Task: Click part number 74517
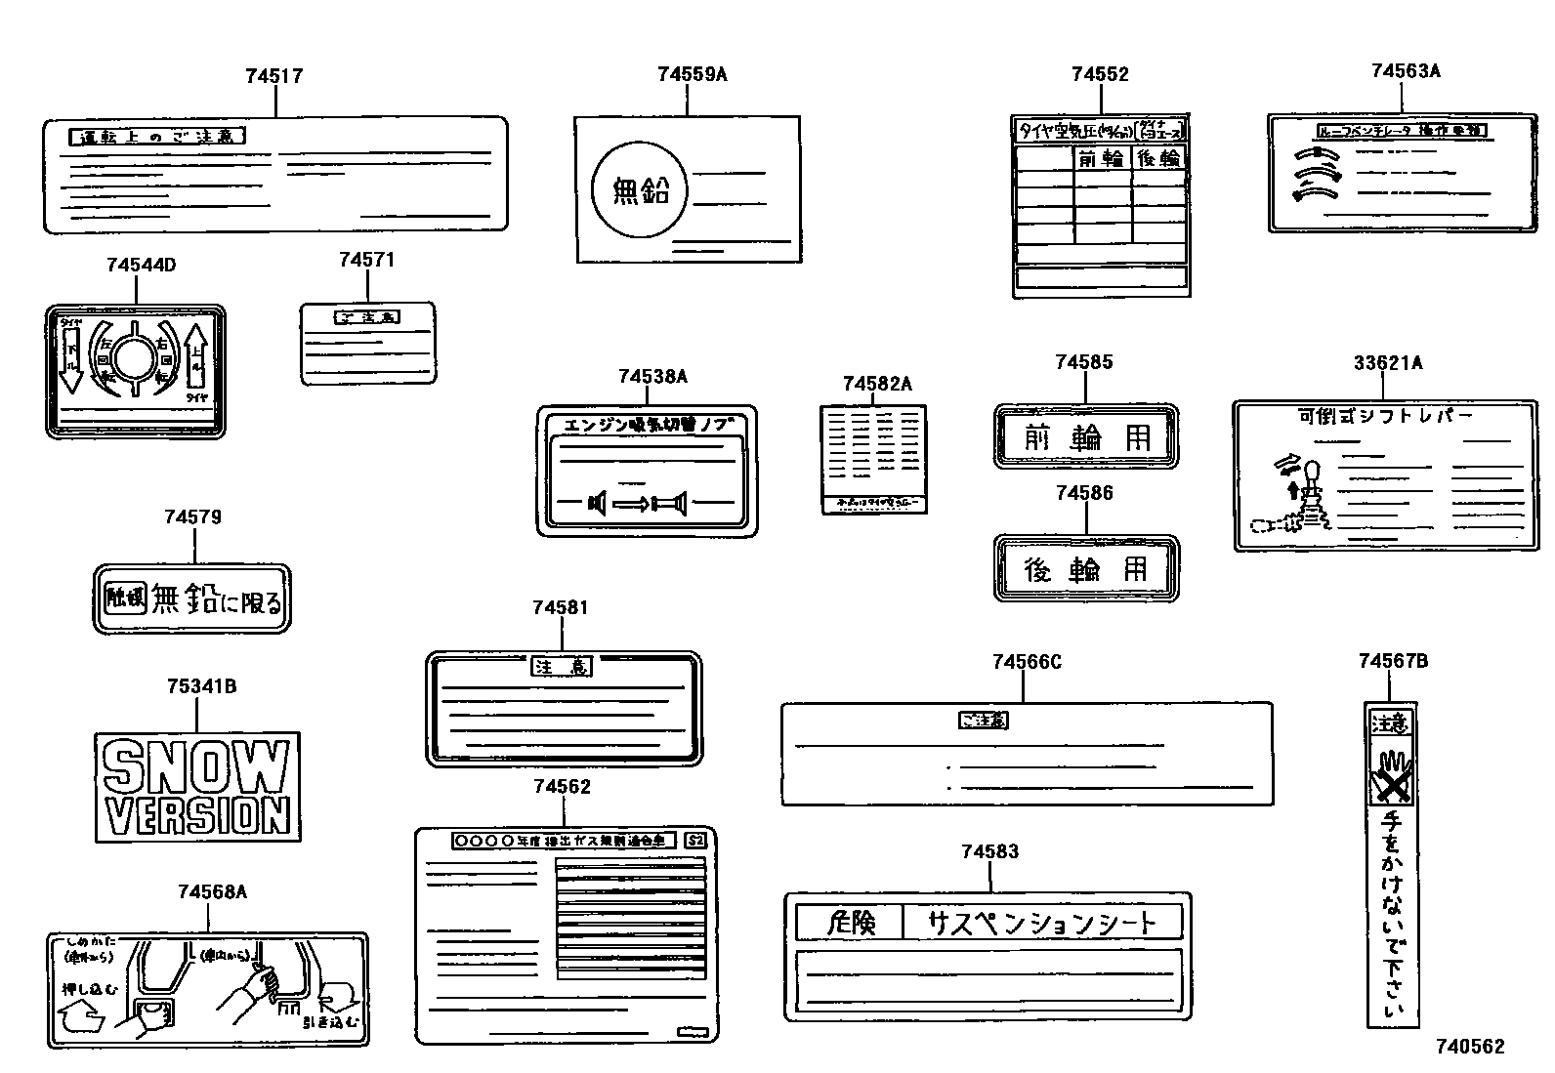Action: coord(274,76)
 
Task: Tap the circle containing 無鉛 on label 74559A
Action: coord(641,189)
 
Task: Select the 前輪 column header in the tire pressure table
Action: coord(1102,158)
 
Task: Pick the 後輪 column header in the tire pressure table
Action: coord(1159,158)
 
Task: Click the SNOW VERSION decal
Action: coord(197,787)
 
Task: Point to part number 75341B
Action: coord(201,686)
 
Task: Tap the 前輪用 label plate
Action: coord(1086,436)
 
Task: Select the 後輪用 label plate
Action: coord(1086,568)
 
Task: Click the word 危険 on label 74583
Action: coord(849,923)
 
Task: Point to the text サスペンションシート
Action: coord(1041,923)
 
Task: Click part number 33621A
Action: coord(1388,363)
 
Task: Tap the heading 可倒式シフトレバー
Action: coord(1385,416)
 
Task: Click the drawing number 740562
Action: coord(1470,1047)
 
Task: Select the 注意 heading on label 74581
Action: coord(563,667)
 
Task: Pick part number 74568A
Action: coord(213,891)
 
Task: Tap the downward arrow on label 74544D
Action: coord(70,360)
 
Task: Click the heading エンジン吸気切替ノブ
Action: coord(647,425)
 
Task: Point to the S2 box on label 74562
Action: coord(694,840)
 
